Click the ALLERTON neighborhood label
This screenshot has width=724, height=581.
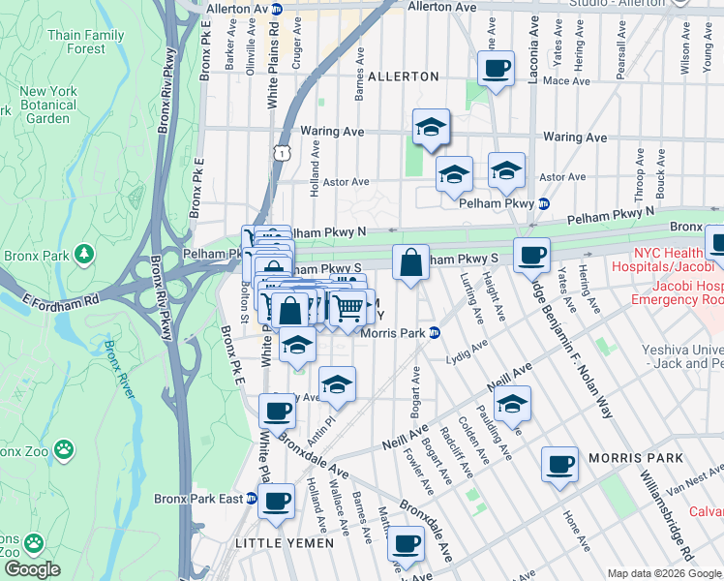point(404,76)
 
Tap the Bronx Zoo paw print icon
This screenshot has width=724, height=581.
point(64,448)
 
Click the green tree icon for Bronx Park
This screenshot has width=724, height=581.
point(86,254)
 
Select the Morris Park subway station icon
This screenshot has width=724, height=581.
point(436,333)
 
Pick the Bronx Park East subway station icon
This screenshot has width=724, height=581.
point(252,499)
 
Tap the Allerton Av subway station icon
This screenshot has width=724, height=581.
point(278,9)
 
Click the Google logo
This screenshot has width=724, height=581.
point(32,569)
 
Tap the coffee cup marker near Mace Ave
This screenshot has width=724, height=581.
point(497,69)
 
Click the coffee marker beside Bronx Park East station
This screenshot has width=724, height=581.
point(277,502)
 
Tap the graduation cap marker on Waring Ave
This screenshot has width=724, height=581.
point(432,127)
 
